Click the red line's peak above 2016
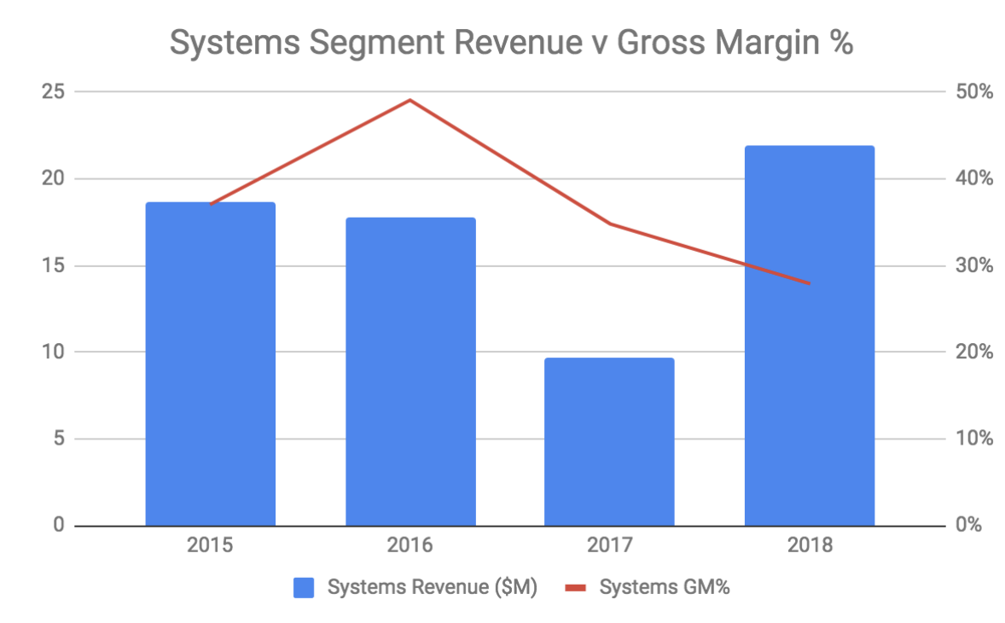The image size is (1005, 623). point(410,100)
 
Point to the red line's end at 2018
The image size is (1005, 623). point(809,283)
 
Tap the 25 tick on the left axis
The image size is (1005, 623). point(53,91)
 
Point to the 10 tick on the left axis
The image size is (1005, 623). point(53,352)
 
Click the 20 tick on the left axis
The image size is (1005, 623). point(53,178)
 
